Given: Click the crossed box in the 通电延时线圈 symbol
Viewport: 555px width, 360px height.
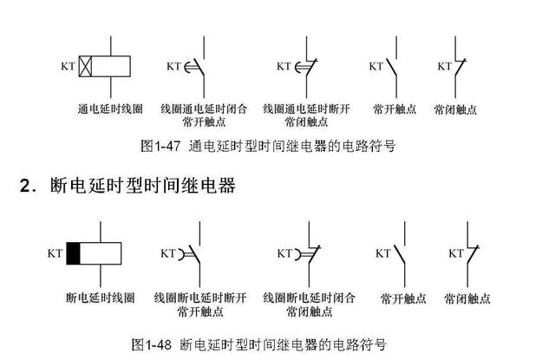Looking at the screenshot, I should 86,66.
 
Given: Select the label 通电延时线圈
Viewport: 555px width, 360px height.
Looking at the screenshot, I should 107,109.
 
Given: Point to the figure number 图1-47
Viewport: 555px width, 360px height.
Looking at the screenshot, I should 160,146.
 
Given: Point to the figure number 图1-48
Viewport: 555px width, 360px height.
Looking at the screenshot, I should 149,344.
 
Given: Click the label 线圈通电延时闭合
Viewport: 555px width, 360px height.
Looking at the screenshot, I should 203,109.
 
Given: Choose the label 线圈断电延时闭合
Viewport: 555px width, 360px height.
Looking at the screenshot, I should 310,298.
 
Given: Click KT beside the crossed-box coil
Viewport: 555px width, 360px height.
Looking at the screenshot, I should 67,66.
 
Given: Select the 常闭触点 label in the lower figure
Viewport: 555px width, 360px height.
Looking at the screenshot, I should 467,298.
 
